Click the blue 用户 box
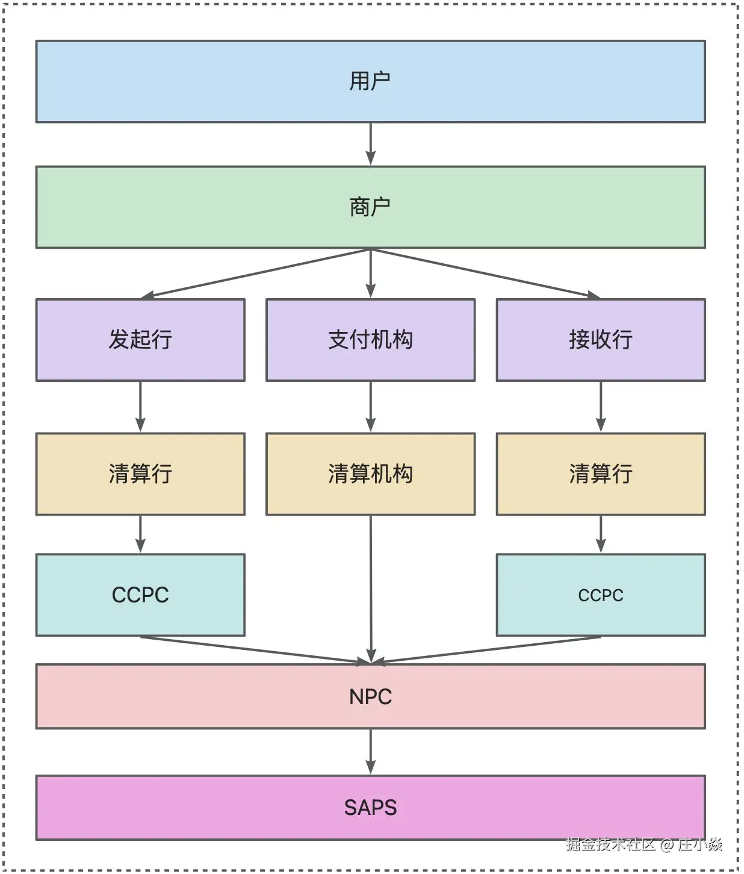pyautogui.click(x=370, y=81)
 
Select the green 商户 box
pyautogui.click(x=370, y=207)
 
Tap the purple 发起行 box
pyautogui.click(x=140, y=340)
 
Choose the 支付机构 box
pyautogui.click(x=370, y=340)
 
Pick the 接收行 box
pyautogui.click(x=600, y=340)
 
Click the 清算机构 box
pyautogui.click(x=370, y=473)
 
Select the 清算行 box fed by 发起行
pyautogui.click(x=140, y=473)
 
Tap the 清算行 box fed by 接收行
pyautogui.click(x=600, y=473)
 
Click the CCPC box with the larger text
pyautogui.click(x=140, y=595)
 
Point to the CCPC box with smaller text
pyautogui.click(x=600, y=595)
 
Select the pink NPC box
pyautogui.click(x=370, y=696)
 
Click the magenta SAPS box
pyautogui.click(x=370, y=807)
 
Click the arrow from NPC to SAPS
pyautogui.click(x=370, y=752)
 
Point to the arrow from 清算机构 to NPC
pyautogui.click(x=371, y=590)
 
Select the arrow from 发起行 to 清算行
pyautogui.click(x=140, y=407)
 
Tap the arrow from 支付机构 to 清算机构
pyautogui.click(x=370, y=407)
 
